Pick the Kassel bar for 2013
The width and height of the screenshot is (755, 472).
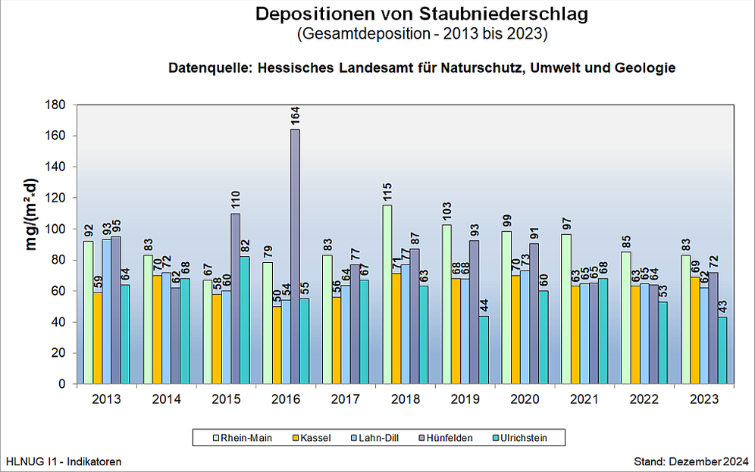[x=97, y=338]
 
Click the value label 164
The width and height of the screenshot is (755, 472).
[x=295, y=116]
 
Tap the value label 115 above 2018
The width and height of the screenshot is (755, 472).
[x=387, y=192]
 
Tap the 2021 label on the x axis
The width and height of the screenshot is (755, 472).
[x=584, y=399]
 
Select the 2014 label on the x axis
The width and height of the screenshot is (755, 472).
[x=166, y=399]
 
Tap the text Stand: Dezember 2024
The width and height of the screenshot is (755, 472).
[x=691, y=461]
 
